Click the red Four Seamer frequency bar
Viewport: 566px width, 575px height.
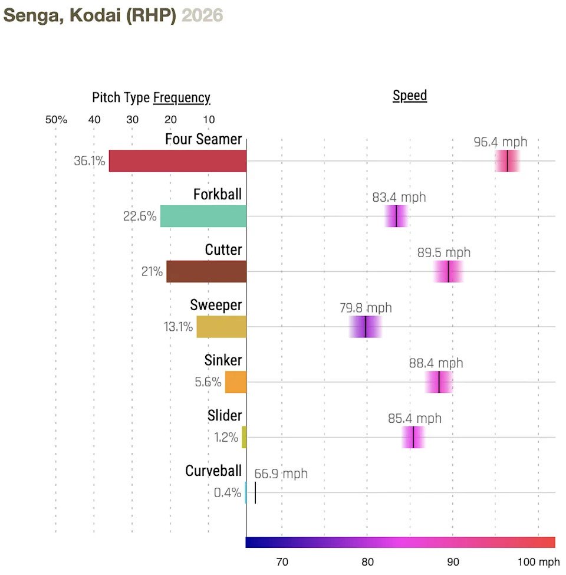coord(177,161)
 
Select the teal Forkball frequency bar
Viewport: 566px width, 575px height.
coord(203,216)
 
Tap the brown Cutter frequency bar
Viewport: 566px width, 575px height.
coord(206,271)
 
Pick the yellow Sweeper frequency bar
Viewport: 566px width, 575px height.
coord(222,327)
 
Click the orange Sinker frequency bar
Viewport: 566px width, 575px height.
coord(236,382)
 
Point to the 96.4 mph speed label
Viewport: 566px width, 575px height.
coord(500,142)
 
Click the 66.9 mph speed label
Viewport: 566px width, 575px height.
coord(281,474)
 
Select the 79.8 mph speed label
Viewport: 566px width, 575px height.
coord(366,308)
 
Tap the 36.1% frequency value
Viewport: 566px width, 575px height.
coord(90,161)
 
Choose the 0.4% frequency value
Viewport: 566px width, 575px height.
coord(228,492)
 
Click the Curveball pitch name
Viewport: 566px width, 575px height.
coord(213,471)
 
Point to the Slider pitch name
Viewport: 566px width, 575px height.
coord(225,416)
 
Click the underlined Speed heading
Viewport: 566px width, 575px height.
coord(410,96)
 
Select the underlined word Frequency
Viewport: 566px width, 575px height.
coord(182,98)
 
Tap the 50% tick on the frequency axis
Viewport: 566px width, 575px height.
coord(56,120)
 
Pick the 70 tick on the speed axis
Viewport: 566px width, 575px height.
coord(282,561)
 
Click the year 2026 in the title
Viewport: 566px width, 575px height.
coord(202,15)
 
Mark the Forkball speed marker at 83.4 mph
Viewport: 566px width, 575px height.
coord(396,216)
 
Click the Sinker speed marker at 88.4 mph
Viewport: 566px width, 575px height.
coord(439,382)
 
